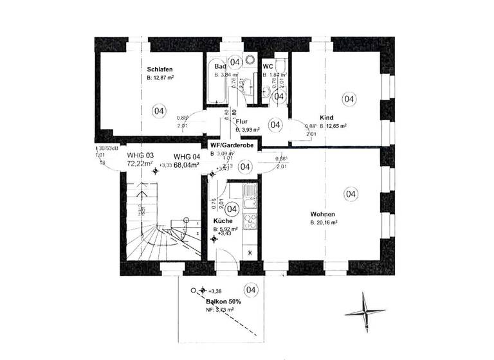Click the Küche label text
(223, 221)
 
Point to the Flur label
(242, 121)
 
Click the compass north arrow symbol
(364, 314)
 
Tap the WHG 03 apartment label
(141, 156)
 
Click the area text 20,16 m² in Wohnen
(324, 223)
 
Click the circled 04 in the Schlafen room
(158, 111)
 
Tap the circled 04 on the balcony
(251, 290)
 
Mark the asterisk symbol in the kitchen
(250, 252)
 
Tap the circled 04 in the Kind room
(349, 99)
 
